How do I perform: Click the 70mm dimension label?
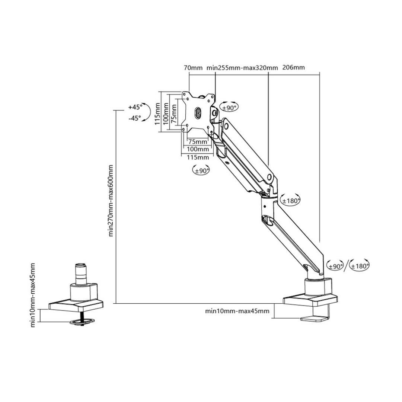(193, 68)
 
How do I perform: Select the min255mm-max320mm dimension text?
(242, 68)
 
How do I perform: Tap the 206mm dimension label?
(293, 67)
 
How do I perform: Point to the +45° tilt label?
(135, 107)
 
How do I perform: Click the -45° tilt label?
(135, 118)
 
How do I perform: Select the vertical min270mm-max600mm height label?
(111, 201)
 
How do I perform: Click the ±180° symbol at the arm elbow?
(291, 200)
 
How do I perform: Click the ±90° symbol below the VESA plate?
(201, 170)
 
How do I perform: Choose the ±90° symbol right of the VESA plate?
(230, 107)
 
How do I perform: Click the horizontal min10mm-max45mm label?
(237, 311)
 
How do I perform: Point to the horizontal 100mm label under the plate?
(198, 149)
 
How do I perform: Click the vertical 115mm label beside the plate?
(158, 114)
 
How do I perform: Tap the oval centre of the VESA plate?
(198, 113)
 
